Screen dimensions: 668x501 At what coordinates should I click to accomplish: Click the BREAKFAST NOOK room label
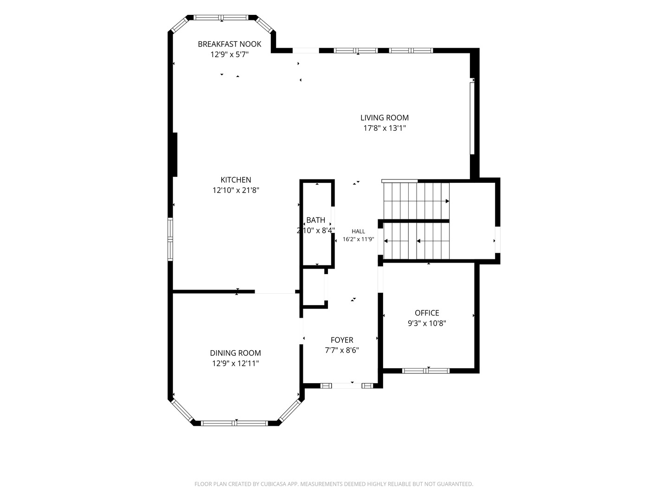(x=229, y=44)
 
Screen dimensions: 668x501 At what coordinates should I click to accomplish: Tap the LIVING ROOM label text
(x=385, y=118)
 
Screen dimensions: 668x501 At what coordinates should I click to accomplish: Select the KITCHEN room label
(x=236, y=180)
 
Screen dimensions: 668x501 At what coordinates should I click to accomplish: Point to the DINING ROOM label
(x=235, y=353)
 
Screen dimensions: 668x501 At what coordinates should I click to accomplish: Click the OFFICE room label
(x=427, y=313)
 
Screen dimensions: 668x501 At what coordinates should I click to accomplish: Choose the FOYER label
(x=342, y=340)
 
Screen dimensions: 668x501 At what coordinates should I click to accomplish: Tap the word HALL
(x=358, y=231)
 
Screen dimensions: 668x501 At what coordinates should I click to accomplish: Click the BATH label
(x=315, y=220)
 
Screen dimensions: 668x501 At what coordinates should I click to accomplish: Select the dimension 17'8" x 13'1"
(x=385, y=128)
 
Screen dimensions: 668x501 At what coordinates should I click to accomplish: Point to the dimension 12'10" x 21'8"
(x=236, y=190)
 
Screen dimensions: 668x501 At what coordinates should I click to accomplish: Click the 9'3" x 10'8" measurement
(x=427, y=323)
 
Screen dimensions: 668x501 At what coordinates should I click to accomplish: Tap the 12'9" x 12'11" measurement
(x=235, y=363)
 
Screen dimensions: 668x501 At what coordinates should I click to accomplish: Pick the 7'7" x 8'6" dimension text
(x=342, y=350)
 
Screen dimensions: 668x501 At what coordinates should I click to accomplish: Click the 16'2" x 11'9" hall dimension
(x=358, y=239)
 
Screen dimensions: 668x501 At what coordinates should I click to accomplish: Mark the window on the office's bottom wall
(x=425, y=371)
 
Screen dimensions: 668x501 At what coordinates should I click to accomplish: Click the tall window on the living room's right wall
(x=472, y=118)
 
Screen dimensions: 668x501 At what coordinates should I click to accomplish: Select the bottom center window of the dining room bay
(x=234, y=423)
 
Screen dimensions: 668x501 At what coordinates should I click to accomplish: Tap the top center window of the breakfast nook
(x=221, y=17)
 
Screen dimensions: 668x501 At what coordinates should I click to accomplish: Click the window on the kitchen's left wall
(x=170, y=239)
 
